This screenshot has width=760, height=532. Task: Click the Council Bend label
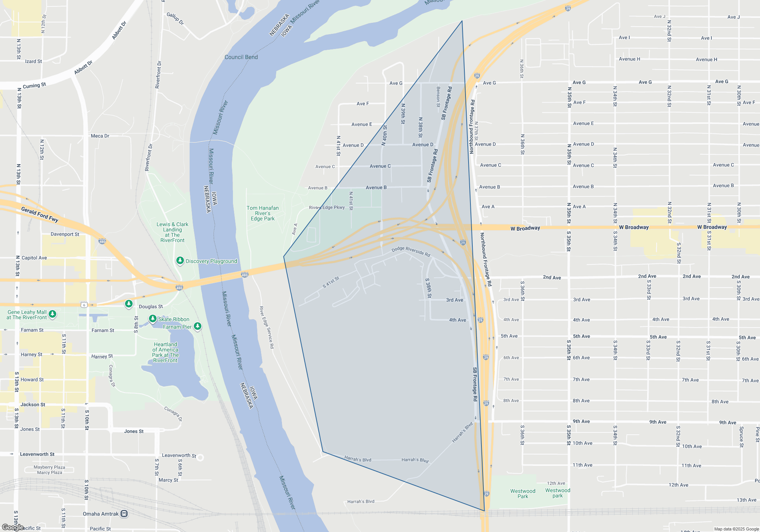pyautogui.click(x=241, y=57)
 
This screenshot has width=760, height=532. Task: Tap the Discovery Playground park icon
pyautogui.click(x=180, y=261)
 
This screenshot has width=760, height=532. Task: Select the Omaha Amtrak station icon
pyautogui.click(x=124, y=514)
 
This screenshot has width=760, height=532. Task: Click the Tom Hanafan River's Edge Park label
pyautogui.click(x=263, y=213)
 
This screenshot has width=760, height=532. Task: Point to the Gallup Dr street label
pyautogui.click(x=175, y=19)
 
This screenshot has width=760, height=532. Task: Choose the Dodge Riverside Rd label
pyautogui.click(x=411, y=251)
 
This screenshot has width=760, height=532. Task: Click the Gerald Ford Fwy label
pyautogui.click(x=40, y=214)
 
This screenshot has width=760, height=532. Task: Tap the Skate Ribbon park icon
pyautogui.click(x=152, y=318)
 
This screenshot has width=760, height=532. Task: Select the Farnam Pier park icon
pyautogui.click(x=198, y=326)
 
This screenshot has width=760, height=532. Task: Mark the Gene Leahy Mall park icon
pyautogui.click(x=52, y=314)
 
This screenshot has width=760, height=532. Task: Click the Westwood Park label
pyautogui.click(x=522, y=494)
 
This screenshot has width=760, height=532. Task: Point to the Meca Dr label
pyautogui.click(x=100, y=136)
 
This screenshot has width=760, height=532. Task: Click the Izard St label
pyautogui.click(x=33, y=61)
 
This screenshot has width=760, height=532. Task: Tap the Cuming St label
pyautogui.click(x=34, y=86)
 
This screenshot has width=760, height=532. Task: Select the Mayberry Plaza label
pyautogui.click(x=49, y=467)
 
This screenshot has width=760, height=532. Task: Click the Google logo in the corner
pyautogui.click(x=13, y=527)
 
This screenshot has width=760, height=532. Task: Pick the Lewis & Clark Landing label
pyautogui.click(x=173, y=232)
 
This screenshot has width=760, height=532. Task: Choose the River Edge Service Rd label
pyautogui.click(x=266, y=327)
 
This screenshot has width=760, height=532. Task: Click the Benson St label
pyautogui.click(x=438, y=97)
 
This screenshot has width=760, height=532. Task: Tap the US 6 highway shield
pyautogui.click(x=84, y=305)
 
